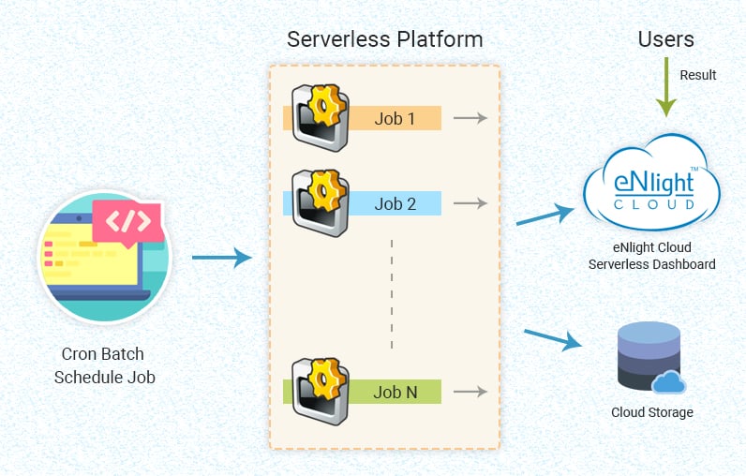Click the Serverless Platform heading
click(384, 39)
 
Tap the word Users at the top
click(665, 39)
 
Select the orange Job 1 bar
click(394, 119)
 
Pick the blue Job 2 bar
click(394, 203)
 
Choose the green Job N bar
click(394, 393)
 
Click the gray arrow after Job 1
click(470, 118)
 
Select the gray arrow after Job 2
click(470, 203)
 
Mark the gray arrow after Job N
click(470, 393)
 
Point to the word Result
click(698, 75)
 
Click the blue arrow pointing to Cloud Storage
click(553, 338)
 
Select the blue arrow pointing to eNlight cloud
click(545, 216)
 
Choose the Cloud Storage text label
click(652, 412)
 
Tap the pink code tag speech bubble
click(126, 222)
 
